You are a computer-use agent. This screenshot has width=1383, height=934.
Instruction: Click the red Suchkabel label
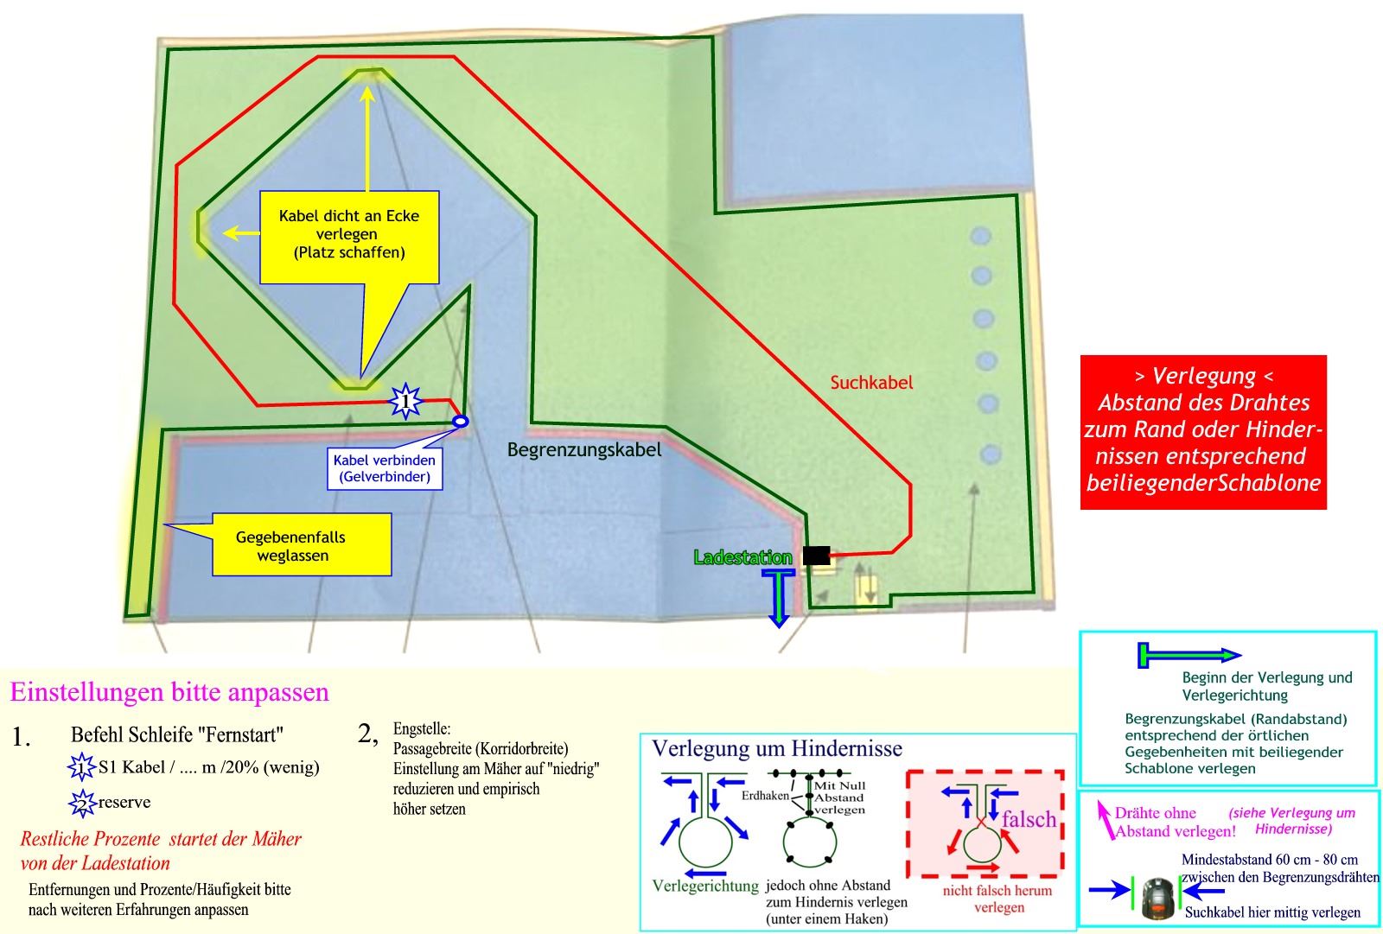(x=871, y=382)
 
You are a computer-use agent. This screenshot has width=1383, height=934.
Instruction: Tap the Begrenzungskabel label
(x=584, y=449)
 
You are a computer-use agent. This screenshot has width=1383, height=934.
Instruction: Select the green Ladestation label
(x=742, y=557)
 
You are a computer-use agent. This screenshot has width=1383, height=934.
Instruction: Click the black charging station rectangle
(x=816, y=556)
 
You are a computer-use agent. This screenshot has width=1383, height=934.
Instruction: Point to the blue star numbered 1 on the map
(x=405, y=401)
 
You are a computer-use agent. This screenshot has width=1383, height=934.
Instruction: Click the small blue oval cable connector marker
(x=461, y=421)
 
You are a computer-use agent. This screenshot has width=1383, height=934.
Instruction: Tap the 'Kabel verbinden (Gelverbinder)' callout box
(x=385, y=468)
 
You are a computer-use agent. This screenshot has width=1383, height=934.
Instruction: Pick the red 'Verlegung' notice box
(x=1203, y=431)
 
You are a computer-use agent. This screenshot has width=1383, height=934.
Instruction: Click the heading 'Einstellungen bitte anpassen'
(x=169, y=692)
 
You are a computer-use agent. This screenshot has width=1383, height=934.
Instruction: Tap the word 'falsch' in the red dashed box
(x=1029, y=818)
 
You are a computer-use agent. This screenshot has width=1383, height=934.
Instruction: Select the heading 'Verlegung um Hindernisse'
(x=776, y=748)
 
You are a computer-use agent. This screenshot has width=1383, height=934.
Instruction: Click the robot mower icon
(x=1158, y=897)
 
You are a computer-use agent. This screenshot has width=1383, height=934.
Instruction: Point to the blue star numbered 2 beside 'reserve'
(x=80, y=804)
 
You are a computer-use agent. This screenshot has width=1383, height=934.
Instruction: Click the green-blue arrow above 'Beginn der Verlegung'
(x=1189, y=656)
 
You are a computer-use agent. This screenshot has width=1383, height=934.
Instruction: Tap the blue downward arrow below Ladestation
(x=780, y=597)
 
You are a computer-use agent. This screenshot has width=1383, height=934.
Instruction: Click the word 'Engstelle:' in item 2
(x=421, y=728)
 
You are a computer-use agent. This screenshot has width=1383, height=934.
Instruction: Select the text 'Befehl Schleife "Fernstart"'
(x=177, y=735)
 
